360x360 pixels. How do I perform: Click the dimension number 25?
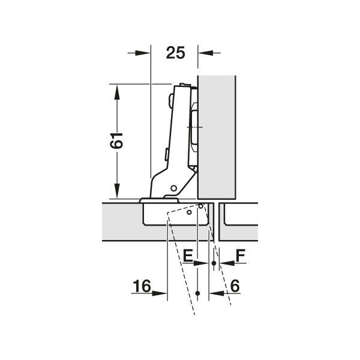pos(175,53)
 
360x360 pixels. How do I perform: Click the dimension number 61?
pos(116,140)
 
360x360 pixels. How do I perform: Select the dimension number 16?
pos(142,286)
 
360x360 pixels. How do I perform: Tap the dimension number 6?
pos(235,286)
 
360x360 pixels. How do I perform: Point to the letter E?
pos(188,256)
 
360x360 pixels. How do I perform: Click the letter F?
pos(241,256)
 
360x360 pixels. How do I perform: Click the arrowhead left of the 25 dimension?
pos(143,53)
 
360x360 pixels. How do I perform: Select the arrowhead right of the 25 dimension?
pos(206,53)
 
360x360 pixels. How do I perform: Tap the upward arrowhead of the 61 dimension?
pos(117,92)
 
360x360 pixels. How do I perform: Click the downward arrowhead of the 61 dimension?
pos(117,191)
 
